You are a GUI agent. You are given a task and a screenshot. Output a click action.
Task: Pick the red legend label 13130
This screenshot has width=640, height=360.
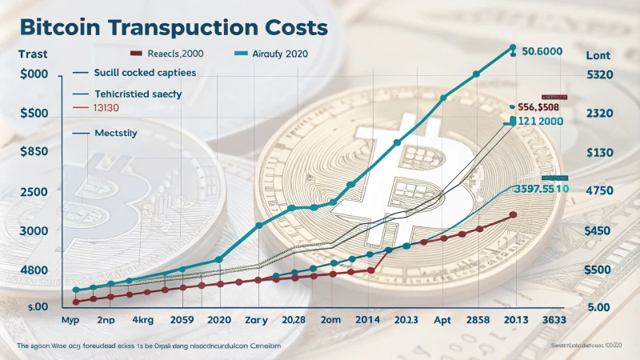(106, 107)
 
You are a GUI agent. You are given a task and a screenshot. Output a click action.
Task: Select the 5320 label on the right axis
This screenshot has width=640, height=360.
(599, 74)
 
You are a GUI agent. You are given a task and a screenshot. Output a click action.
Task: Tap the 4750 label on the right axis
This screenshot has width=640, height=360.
(599, 191)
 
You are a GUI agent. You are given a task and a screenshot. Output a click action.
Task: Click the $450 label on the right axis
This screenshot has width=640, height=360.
(599, 231)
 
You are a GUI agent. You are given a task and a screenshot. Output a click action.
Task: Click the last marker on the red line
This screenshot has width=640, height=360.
(513, 215)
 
